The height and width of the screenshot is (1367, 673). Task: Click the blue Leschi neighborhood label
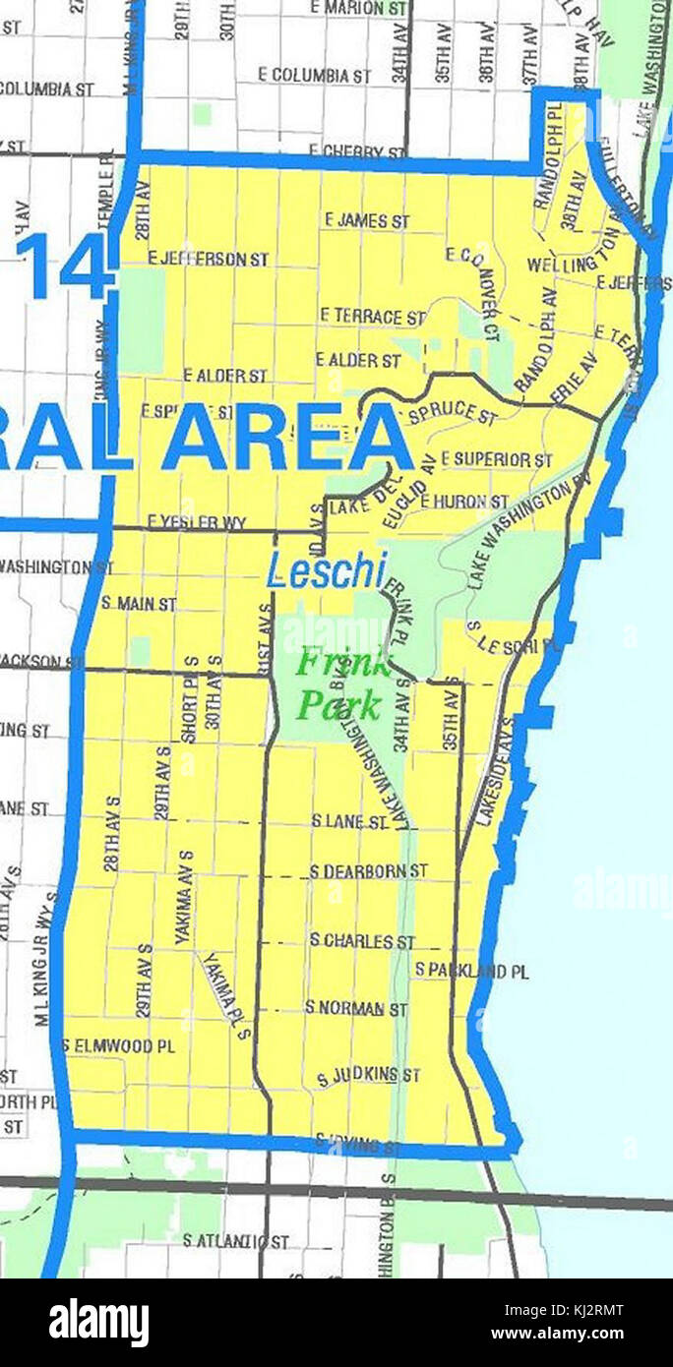(327, 571)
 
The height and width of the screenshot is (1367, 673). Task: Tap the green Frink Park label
(340, 683)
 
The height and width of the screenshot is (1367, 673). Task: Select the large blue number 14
(67, 266)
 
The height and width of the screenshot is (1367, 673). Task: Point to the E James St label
(367, 221)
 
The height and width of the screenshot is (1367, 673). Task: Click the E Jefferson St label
(208, 259)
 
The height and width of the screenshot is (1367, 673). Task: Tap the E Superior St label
(496, 459)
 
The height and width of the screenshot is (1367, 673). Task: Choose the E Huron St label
(464, 502)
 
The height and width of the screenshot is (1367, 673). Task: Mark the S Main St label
(139, 603)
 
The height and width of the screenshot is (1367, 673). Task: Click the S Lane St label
(349, 821)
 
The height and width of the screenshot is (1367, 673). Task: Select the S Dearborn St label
(368, 871)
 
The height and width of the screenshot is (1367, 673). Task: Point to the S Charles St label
(362, 941)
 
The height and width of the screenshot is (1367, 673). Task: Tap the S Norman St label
(355, 1008)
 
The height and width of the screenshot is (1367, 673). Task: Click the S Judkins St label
(368, 1076)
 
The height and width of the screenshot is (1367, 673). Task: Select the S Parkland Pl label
(471, 971)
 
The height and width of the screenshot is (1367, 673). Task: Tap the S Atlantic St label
(235, 1242)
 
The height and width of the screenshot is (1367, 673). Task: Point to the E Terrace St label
(372, 317)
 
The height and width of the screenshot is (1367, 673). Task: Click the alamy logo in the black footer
(99, 1322)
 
